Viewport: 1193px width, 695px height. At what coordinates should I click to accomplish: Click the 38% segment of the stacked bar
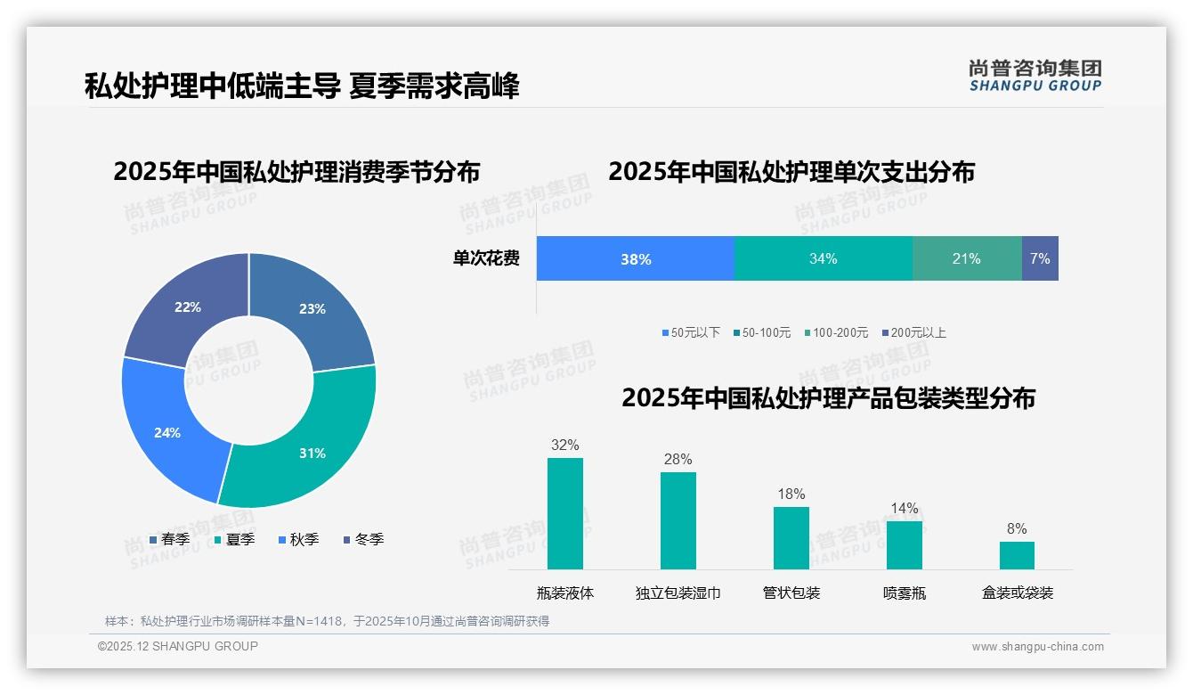point(636,259)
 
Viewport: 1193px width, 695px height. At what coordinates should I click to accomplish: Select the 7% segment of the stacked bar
point(1040,259)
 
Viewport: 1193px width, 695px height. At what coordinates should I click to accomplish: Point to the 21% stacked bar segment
point(967,259)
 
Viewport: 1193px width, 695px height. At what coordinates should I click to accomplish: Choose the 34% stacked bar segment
point(824,259)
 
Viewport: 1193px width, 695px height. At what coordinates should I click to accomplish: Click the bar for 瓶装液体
point(565,513)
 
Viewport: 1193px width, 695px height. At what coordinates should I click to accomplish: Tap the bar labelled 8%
point(1017,555)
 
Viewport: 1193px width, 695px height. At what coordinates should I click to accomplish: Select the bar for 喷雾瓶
point(904,544)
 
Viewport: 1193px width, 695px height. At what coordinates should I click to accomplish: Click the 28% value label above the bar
point(678,460)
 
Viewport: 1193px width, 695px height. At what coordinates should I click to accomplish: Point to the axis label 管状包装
point(791,593)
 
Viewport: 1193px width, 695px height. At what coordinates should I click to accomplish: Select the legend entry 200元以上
point(914,333)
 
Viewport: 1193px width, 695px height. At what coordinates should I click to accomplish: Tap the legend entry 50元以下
point(692,333)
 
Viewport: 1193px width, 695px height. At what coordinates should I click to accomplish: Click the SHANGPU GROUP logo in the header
point(1035,76)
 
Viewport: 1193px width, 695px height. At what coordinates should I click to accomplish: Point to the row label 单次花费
point(486,259)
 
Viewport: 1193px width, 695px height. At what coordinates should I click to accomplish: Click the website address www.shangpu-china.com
point(1037,647)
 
